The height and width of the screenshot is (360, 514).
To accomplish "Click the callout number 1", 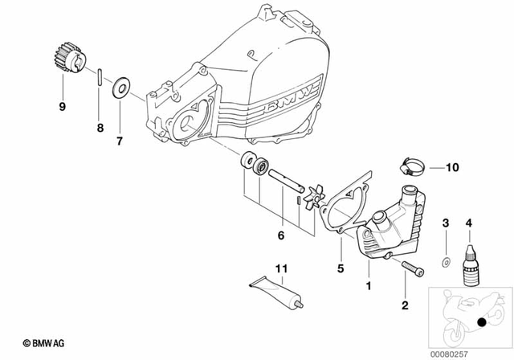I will click(x=369, y=284).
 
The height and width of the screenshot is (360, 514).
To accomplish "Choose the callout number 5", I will click(x=340, y=268).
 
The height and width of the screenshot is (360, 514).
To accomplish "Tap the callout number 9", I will click(x=60, y=106).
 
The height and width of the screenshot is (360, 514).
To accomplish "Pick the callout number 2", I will click(x=405, y=305).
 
